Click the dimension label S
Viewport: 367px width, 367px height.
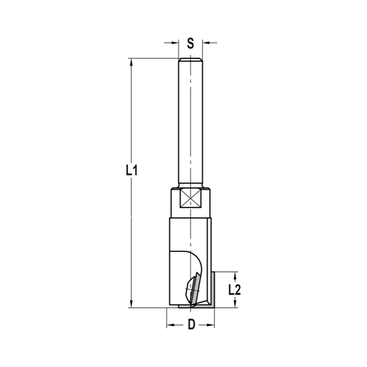coord(190,43)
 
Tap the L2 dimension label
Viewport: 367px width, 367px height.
coord(234,290)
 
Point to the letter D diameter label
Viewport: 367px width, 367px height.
coord(191,325)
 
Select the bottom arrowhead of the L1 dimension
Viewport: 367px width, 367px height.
coord(131,304)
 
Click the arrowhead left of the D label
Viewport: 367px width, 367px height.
coord(170,325)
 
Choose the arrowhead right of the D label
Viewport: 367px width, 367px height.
coord(211,325)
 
